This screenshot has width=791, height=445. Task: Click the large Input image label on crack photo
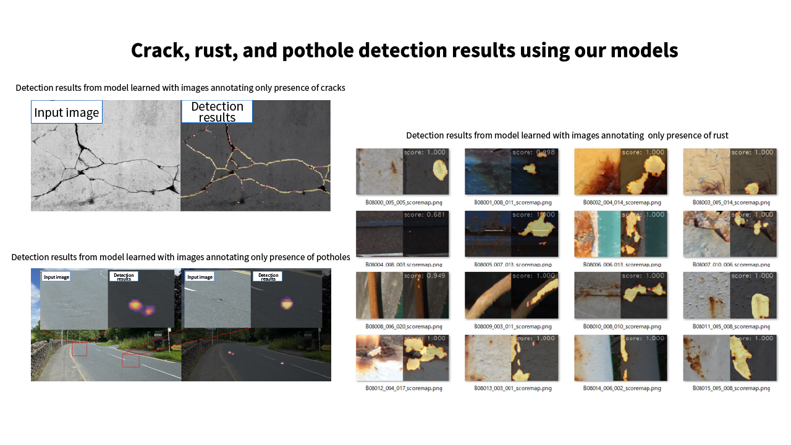tap(66, 112)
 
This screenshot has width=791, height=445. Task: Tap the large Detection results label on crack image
tap(217, 112)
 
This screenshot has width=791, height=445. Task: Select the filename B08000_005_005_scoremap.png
tap(404, 202)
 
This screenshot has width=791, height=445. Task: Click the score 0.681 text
tap(426, 214)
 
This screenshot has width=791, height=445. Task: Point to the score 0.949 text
tap(426, 276)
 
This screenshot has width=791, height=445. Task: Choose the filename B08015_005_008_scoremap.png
tap(731, 388)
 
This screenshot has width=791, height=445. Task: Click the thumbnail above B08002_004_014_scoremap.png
tap(620, 172)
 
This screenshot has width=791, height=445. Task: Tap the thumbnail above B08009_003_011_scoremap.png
tap(511, 295)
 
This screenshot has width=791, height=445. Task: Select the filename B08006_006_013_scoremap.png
tap(622, 265)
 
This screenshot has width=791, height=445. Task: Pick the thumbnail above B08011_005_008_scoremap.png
tap(730, 295)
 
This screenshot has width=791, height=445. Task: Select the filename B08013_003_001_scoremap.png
tap(513, 388)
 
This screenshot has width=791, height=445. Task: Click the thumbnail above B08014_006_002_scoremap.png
tap(620, 357)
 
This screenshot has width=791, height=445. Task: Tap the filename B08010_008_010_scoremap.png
tap(622, 326)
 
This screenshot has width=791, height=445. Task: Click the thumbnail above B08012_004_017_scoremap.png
tap(402, 357)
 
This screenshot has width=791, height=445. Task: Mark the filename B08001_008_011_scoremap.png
tap(513, 202)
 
